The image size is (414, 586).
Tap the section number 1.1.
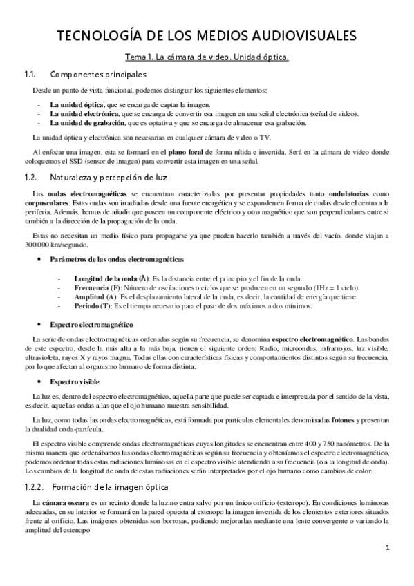tap(29, 74)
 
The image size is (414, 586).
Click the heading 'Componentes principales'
tap(99, 74)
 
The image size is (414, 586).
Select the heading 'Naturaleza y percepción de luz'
tap(113, 178)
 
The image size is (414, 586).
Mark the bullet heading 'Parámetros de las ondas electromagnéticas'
tap(117, 258)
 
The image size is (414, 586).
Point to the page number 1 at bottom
tap(388, 547)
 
